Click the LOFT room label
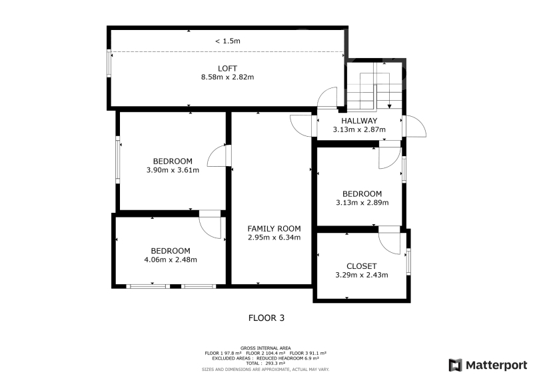(227, 69)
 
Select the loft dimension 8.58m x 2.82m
(227, 77)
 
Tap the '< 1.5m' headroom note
(227, 41)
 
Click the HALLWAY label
(359, 121)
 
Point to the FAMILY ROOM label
(274, 228)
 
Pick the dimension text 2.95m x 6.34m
(274, 238)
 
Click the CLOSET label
(361, 266)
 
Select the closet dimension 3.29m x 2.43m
(361, 275)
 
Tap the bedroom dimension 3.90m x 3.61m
(173, 170)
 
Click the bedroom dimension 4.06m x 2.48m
(171, 260)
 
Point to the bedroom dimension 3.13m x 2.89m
(362, 203)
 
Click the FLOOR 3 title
(266, 318)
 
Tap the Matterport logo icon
(456, 365)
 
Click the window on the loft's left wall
(109, 63)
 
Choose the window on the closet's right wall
(408, 262)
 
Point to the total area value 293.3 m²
(274, 364)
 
